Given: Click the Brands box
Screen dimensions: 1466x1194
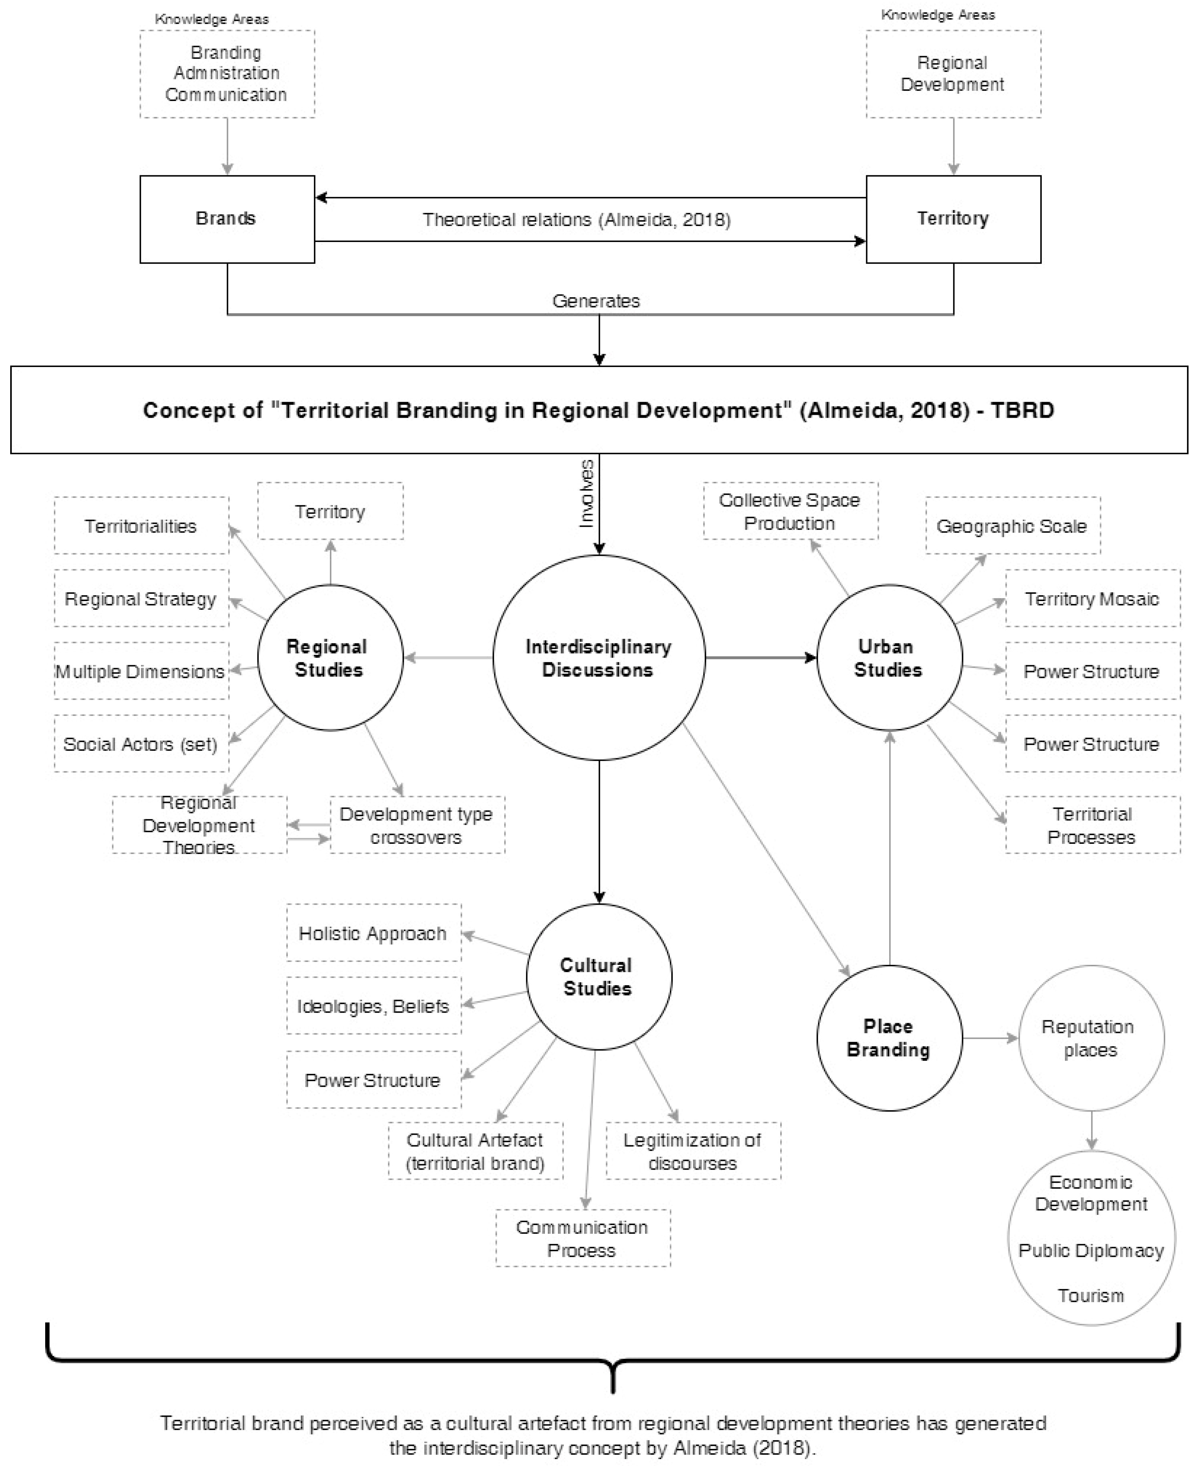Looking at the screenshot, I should pyautogui.click(x=227, y=219).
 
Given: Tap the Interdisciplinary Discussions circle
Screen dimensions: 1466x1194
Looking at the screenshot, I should pyautogui.click(x=598, y=657).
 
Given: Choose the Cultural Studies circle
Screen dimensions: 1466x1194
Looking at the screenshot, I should pyautogui.click(x=598, y=976).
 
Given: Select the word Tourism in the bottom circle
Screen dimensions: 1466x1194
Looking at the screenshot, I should pyautogui.click(x=1091, y=1295).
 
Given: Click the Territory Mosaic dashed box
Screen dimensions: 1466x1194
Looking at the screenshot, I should pyautogui.click(x=1092, y=598).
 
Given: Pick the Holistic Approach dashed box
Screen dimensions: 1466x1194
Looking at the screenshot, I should pyautogui.click(x=373, y=933).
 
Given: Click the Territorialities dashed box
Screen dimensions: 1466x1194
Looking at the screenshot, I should pyautogui.click(x=141, y=526).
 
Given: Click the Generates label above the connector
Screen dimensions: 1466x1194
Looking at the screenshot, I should pyautogui.click(x=596, y=301).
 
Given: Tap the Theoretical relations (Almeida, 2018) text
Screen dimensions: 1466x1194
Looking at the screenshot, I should pyautogui.click(x=576, y=219).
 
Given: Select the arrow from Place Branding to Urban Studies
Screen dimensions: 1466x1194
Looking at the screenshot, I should pyautogui.click(x=890, y=847).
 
